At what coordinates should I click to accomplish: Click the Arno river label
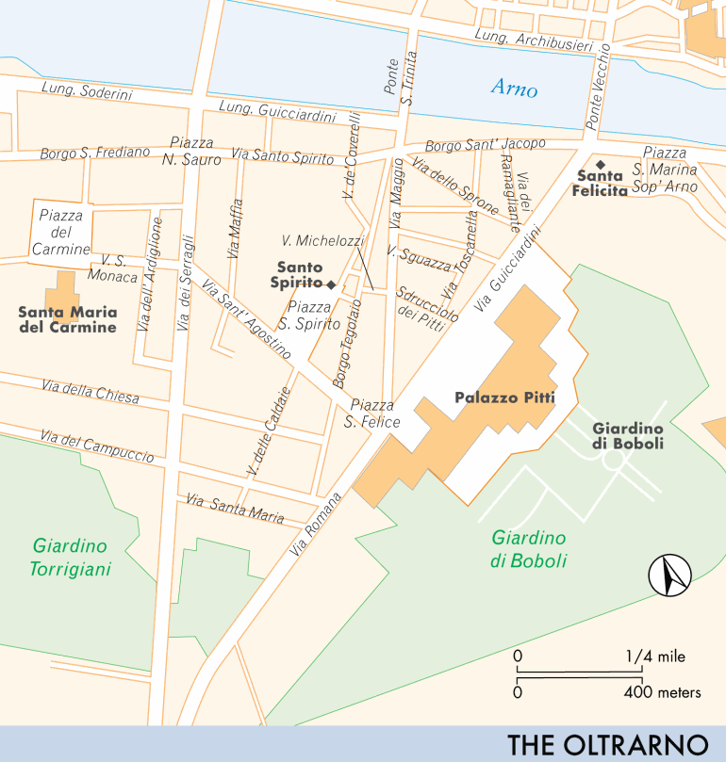click(514, 89)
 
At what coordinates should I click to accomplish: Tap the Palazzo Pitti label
click(503, 398)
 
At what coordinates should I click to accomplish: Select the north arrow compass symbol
click(669, 576)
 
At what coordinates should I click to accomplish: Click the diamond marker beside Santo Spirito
click(331, 284)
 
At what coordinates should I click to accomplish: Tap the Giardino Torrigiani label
click(71, 558)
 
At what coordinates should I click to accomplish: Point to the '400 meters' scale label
click(663, 693)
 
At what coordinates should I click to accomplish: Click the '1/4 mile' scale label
click(654, 657)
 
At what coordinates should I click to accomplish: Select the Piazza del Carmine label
click(61, 233)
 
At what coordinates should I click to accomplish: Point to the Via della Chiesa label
click(91, 392)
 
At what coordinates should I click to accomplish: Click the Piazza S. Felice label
click(371, 413)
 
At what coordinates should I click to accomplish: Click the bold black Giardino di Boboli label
click(628, 436)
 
